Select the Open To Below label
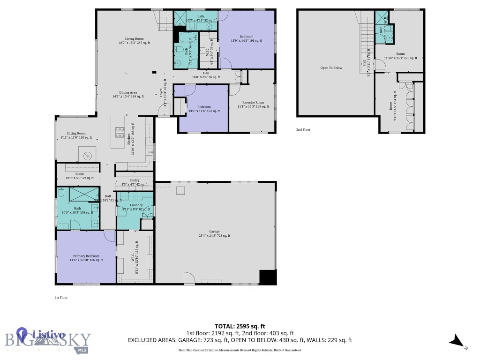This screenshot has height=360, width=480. (331, 68)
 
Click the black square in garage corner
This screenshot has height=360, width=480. (268, 277)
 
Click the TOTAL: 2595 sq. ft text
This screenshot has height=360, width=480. (240, 326)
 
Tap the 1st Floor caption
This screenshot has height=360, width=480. (61, 297)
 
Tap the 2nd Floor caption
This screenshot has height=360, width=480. (303, 129)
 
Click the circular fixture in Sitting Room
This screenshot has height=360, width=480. (87, 155)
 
